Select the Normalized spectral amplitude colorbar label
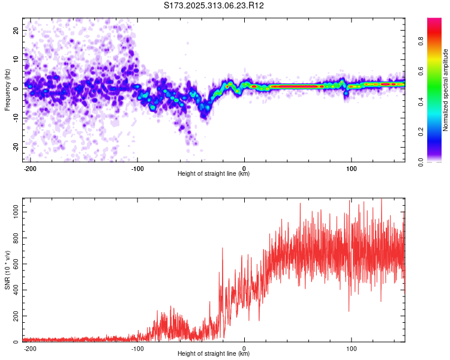coord(446,90)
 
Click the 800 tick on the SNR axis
coord(14,238)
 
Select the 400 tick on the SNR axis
coord(14,290)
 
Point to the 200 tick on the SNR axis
coord(14,316)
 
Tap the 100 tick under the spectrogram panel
coord(351,168)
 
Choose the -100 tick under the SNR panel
coord(137,348)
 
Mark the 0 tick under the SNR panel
coord(244,348)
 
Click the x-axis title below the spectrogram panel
coord(214,174)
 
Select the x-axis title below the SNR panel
coord(214,354)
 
